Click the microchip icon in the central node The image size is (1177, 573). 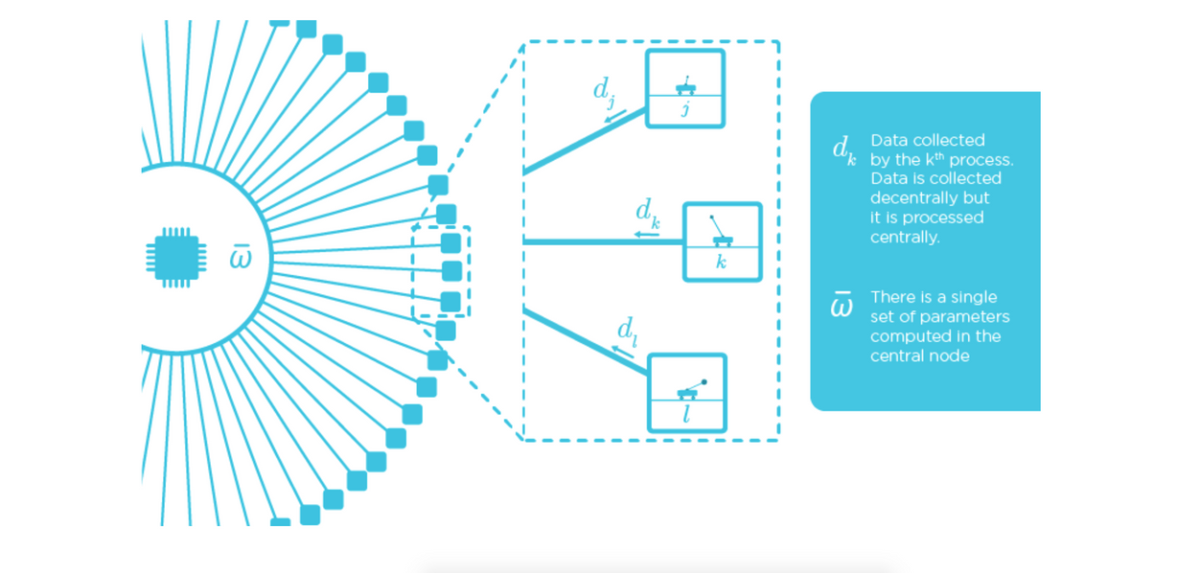pyautogui.click(x=176, y=258)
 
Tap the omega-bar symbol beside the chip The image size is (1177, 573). pyautogui.click(x=242, y=256)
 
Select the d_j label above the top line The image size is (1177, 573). pyautogui.click(x=604, y=92)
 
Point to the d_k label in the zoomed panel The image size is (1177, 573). pyautogui.click(x=648, y=214)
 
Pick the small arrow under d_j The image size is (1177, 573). pyautogui.click(x=615, y=116)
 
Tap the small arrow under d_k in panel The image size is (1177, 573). pyautogui.click(x=646, y=234)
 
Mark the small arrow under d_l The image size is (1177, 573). pyautogui.click(x=623, y=352)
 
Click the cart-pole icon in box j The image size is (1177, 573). pyautogui.click(x=685, y=85)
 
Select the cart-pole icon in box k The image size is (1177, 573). pyautogui.click(x=721, y=231)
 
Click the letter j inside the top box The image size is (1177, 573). pyautogui.click(x=685, y=109)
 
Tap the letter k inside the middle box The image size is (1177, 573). pyautogui.click(x=722, y=261)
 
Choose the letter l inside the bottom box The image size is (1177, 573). pyautogui.click(x=686, y=414)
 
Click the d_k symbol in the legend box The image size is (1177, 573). pyautogui.click(x=844, y=150)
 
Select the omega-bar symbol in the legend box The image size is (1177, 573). pyautogui.click(x=842, y=304)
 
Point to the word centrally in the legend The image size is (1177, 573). pyautogui.click(x=905, y=238)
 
